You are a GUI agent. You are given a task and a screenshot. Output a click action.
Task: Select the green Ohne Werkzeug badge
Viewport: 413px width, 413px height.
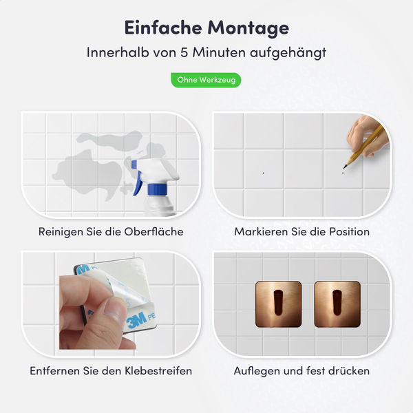(206, 81)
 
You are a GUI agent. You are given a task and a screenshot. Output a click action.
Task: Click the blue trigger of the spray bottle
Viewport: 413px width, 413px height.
(140, 180)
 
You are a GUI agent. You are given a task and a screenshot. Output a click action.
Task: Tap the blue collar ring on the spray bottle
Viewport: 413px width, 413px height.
(157, 187)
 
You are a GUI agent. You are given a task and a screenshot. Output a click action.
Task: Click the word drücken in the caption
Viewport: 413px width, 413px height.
(348, 371)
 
